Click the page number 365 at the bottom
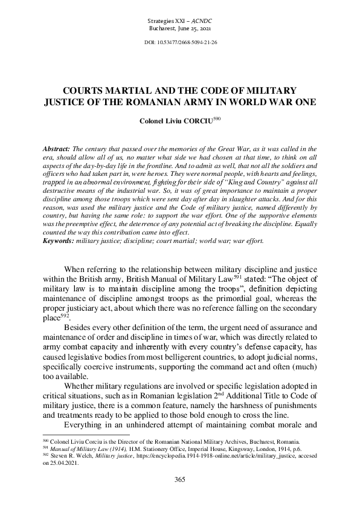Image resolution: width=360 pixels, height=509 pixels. [179, 479]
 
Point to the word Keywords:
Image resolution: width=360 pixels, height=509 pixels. [58, 257]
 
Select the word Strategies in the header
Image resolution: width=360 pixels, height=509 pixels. [161, 21]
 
